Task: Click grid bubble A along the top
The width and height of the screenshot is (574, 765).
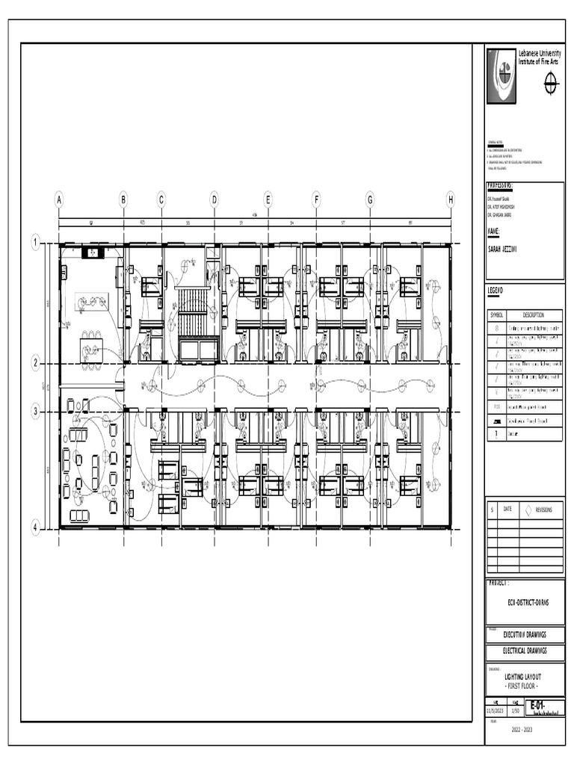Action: click(x=59, y=199)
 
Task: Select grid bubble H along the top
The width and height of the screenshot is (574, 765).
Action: click(x=451, y=199)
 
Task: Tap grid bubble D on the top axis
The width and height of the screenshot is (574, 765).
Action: click(x=214, y=199)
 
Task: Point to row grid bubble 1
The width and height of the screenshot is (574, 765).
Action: click(x=35, y=242)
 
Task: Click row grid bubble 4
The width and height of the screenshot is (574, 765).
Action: click(x=35, y=527)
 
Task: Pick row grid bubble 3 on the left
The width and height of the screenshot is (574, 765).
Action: click(x=35, y=411)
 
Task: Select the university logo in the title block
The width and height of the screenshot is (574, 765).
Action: click(x=502, y=75)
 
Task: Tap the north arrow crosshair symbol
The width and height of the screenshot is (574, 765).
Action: click(x=551, y=84)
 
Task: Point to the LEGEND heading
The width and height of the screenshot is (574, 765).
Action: click(x=496, y=290)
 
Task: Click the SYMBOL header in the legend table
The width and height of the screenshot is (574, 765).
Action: click(x=498, y=315)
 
